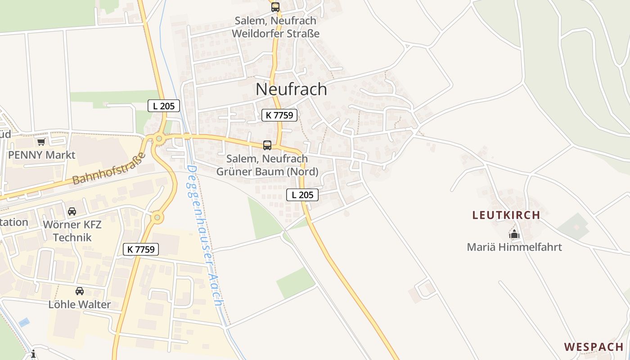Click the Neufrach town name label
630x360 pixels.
tap(291, 89)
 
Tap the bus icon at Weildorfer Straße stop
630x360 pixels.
tap(275, 7)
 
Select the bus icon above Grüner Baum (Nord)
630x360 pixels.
tap(267, 145)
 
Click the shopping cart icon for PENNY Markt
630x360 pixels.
tap(41, 142)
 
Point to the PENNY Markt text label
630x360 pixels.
tap(42, 155)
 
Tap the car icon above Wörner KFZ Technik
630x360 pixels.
tap(72, 211)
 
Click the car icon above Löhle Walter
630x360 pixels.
tap(80, 291)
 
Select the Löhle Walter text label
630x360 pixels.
tap(80, 304)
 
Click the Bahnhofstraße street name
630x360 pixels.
tap(109, 169)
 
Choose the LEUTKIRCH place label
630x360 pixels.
tap(506, 215)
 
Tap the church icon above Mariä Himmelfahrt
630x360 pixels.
tap(514, 234)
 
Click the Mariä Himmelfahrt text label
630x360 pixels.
tap(514, 247)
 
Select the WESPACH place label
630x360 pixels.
tap(594, 347)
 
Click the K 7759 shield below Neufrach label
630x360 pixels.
tap(279, 115)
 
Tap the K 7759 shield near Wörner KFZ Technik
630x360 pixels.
tap(141, 249)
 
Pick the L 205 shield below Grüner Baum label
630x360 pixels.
tap(302, 195)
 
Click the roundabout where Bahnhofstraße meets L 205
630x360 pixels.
tap(158, 139)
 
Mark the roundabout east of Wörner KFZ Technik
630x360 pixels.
tap(157, 218)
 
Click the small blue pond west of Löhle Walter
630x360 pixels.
tap(24, 322)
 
